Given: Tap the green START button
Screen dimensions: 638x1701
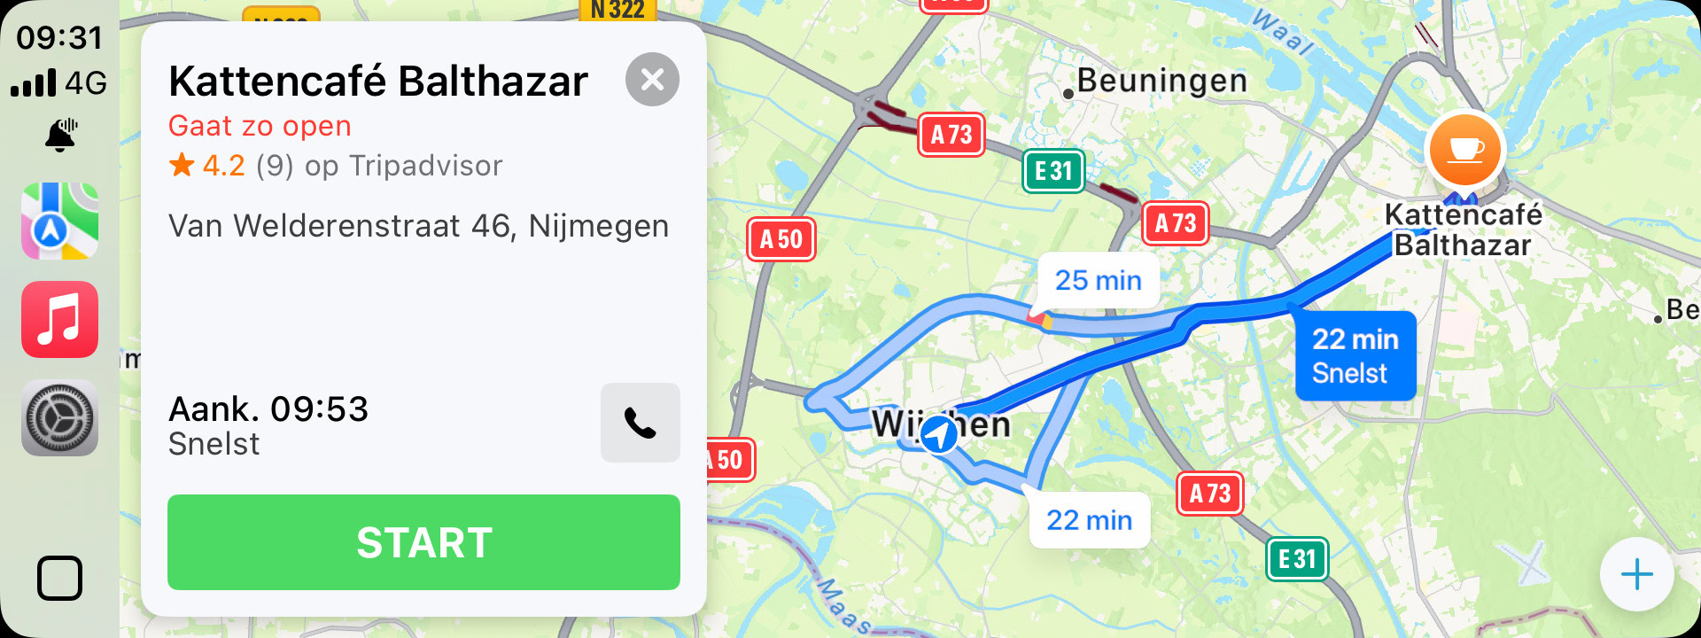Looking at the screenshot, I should pos(423,542).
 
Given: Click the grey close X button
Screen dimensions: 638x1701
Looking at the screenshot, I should pos(652,80).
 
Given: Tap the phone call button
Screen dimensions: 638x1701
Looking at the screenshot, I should pos(640,423).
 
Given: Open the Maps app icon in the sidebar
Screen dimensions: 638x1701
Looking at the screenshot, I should pos(60,221).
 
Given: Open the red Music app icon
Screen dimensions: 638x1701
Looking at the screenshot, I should pos(60,320).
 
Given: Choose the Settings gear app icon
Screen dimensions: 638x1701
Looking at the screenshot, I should pos(60,418).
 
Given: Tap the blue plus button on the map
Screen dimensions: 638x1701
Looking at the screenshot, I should pos(1636,574).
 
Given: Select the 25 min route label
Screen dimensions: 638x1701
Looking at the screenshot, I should pos(1098,281).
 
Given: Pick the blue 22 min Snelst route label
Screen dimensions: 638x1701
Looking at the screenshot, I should pos(1355,355).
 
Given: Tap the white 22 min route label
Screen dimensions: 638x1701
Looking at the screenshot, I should pos(1089,520).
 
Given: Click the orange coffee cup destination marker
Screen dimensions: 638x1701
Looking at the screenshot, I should pos(1464,151).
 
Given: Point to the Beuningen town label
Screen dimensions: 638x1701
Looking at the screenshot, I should pos(1161,82).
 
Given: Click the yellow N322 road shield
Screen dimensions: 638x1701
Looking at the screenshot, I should pos(617,10).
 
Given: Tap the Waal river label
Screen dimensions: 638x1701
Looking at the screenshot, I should pos(1282,32).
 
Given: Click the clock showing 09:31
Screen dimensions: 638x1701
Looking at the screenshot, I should pos(59,38).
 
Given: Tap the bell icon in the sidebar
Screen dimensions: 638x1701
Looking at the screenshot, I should pos(60,136).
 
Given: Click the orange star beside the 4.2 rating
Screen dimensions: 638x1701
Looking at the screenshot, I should pos(182,165).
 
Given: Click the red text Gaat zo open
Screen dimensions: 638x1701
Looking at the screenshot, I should pos(260,127).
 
